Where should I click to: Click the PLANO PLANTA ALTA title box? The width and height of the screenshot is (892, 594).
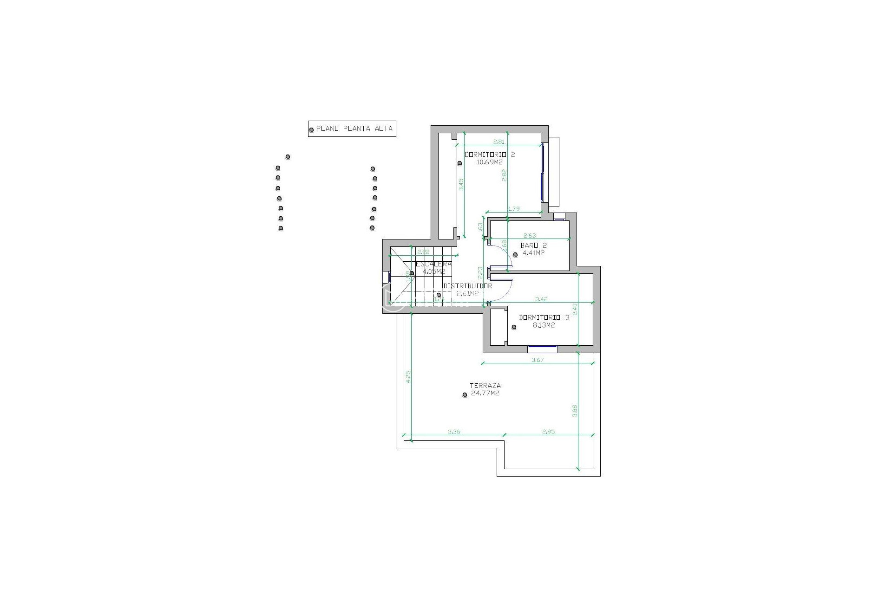[352, 129]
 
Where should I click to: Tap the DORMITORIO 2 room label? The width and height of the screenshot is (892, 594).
[490, 155]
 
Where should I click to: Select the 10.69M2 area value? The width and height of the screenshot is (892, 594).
[490, 162]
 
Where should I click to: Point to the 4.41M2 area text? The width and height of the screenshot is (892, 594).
[533, 253]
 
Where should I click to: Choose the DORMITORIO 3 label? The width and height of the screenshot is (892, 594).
[544, 318]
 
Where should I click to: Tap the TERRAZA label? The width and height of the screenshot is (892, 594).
[485, 386]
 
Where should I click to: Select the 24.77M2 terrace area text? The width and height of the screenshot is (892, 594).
[485, 394]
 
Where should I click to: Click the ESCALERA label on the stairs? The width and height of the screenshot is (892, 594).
[433, 264]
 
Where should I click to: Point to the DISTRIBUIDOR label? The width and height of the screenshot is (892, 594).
[467, 286]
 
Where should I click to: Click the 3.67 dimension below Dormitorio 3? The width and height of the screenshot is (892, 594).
[537, 360]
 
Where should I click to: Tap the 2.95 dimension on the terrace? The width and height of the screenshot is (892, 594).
[548, 432]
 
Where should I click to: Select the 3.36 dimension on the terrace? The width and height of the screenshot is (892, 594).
[454, 432]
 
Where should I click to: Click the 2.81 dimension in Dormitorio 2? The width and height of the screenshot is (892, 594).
[498, 142]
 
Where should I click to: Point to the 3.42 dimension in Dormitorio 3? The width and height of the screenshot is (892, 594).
[542, 299]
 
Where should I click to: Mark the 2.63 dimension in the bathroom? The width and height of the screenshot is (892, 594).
[529, 236]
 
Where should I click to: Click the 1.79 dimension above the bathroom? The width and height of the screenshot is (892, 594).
[514, 209]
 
